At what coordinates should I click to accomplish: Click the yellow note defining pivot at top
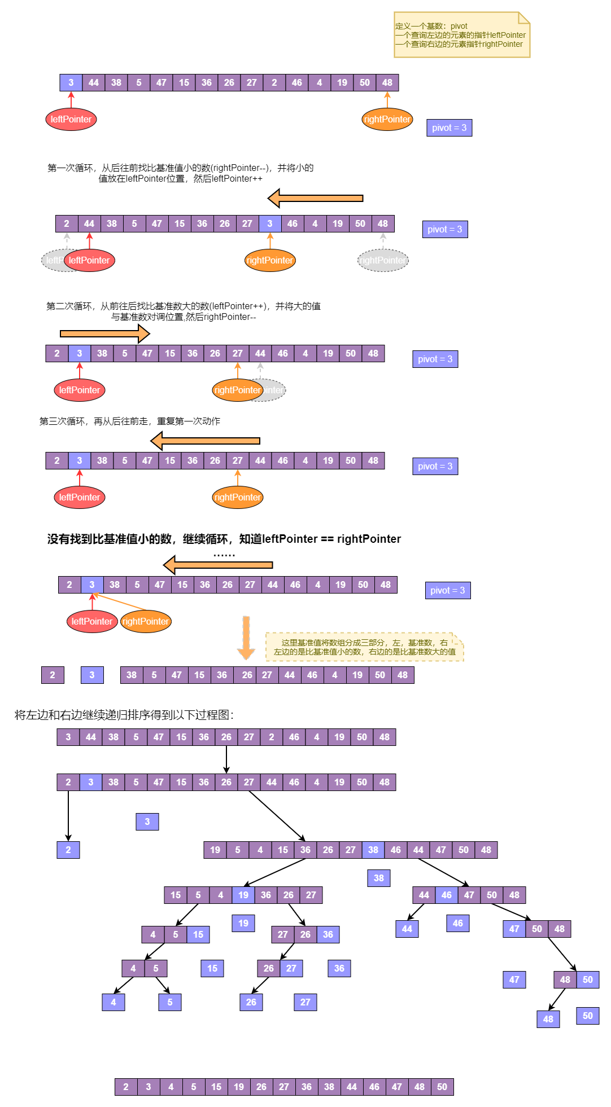tap(461, 35)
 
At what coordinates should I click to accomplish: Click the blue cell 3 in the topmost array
tap(71, 82)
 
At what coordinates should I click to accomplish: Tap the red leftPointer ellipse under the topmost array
tap(71, 119)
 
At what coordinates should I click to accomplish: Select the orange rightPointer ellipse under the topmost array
tap(387, 119)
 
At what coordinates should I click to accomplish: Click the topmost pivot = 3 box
tap(449, 128)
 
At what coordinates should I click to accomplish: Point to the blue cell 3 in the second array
tap(270, 223)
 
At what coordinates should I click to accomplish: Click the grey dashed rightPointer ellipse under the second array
tap(383, 260)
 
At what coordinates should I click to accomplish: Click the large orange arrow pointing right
tap(104, 334)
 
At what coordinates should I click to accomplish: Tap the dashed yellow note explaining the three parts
tap(364, 647)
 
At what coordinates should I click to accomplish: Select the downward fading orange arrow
tap(246, 638)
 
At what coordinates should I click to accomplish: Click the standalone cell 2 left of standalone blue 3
tap(53, 675)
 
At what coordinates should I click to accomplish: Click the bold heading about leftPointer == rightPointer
tap(224, 539)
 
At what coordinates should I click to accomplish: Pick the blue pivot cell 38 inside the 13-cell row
tap(373, 850)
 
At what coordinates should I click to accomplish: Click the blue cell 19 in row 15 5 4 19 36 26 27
tap(243, 895)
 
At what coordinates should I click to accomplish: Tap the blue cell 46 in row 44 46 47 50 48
tap(447, 895)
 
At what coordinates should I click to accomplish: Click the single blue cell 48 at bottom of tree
tap(548, 1019)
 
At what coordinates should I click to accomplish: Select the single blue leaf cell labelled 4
tap(114, 1002)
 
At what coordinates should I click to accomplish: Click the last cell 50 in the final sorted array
tap(442, 1087)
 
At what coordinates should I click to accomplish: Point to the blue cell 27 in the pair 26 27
tap(291, 968)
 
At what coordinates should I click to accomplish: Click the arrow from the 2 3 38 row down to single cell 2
tap(68, 815)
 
